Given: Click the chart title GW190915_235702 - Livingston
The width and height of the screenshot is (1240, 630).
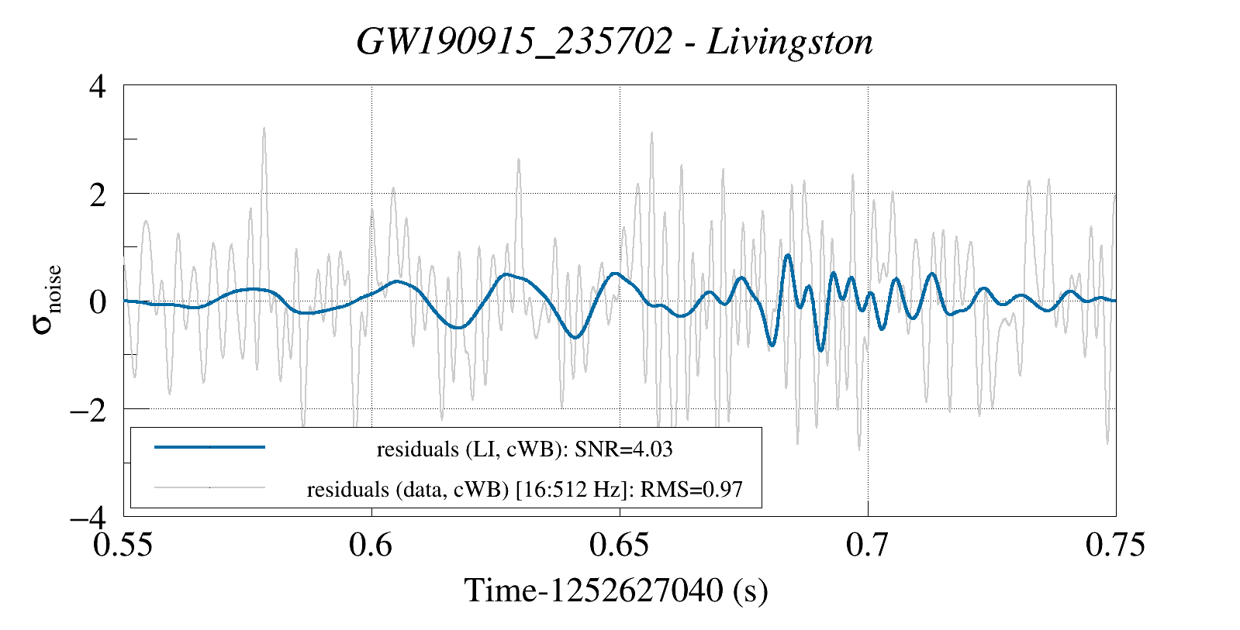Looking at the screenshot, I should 614,42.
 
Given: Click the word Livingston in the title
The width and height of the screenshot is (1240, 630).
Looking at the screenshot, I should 790,42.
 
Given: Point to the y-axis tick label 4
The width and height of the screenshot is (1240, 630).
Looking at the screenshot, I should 98,86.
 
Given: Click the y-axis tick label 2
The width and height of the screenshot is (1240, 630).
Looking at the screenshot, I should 98,194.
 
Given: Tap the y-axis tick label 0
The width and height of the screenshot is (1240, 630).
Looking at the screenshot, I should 98,301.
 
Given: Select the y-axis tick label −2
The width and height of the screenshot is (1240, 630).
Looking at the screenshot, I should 88,409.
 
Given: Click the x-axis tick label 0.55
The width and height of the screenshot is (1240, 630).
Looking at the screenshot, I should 123,546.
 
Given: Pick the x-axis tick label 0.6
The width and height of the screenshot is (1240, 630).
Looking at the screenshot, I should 371,546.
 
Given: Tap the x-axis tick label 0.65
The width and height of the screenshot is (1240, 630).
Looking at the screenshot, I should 619,546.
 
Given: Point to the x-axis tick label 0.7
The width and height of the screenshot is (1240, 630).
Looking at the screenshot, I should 868,546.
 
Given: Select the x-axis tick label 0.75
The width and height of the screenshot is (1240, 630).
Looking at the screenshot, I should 1115,546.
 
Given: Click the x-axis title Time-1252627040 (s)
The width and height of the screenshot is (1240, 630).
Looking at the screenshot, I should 616,591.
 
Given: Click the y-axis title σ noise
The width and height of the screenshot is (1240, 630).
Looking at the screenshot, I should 47,301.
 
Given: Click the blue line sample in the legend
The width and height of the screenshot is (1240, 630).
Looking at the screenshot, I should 209,447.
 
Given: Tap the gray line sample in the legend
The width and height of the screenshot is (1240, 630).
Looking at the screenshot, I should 209,488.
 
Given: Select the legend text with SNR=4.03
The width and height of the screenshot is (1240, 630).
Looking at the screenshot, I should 524,449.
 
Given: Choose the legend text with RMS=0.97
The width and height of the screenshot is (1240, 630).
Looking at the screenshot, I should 524,490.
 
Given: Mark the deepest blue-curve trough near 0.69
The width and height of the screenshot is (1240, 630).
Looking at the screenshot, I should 820,351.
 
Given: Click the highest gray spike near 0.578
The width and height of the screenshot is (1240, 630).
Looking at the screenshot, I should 264,129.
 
